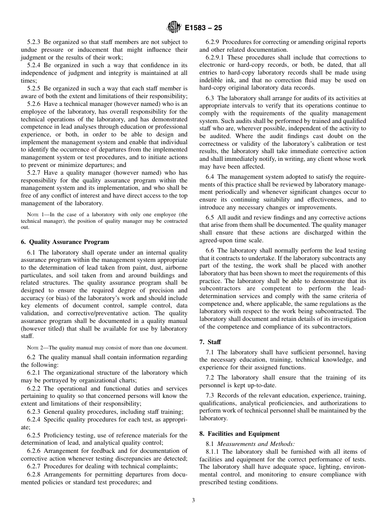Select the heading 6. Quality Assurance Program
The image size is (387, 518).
65,242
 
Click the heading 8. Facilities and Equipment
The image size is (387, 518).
240,434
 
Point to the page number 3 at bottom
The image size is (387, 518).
193,500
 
